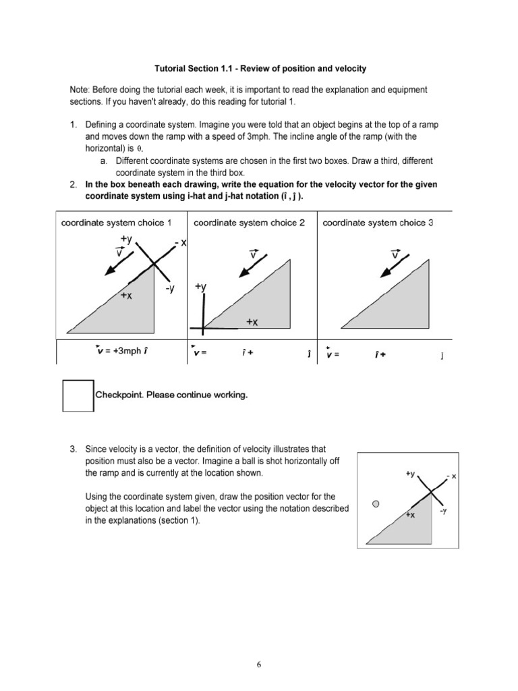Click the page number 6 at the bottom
[258, 664]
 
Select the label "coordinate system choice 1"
[116, 223]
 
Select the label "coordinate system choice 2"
[249, 223]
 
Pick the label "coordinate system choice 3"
[378, 223]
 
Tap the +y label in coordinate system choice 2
[200, 287]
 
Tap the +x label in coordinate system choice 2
[252, 323]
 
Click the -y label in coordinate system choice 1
[169, 289]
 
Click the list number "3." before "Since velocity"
[74, 448]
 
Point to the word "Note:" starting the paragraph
[80, 89]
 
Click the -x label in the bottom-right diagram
[451, 477]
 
